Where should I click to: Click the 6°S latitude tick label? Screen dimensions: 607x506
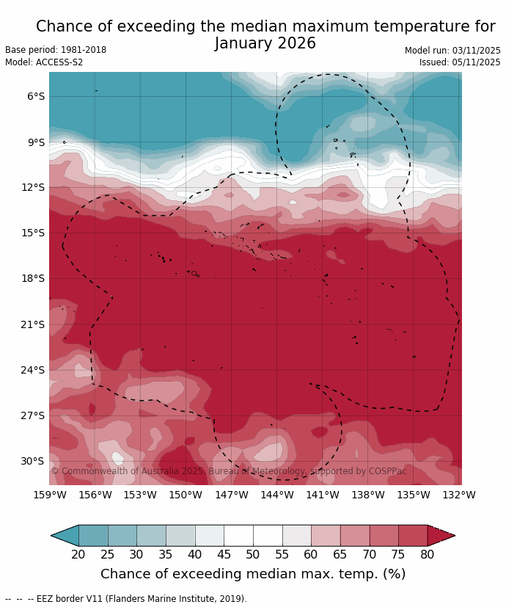(36, 97)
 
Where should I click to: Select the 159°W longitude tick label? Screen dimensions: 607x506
(50, 495)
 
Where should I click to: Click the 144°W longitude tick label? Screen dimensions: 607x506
(277, 495)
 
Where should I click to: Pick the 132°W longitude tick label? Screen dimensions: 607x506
(459, 495)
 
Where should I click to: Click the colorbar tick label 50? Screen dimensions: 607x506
(253, 555)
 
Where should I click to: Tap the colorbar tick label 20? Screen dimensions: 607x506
(78, 555)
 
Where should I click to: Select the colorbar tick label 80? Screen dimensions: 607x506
(428, 555)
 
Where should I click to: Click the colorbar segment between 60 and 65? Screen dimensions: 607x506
(326, 536)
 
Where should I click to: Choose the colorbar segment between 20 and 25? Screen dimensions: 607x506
(93, 536)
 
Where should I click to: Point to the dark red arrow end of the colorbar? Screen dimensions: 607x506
(441, 536)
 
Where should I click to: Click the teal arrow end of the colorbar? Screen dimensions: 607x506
(65, 536)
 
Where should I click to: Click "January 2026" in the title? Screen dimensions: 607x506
(265, 44)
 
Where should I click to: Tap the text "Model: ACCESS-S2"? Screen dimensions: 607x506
(44, 62)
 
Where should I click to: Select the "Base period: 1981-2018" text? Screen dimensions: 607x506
(56, 50)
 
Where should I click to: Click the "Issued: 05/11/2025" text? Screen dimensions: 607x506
(460, 62)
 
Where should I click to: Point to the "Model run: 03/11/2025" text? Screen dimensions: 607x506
(452, 51)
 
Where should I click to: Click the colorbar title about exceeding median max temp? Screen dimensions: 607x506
(253, 574)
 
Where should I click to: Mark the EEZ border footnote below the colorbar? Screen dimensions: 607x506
(125, 599)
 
